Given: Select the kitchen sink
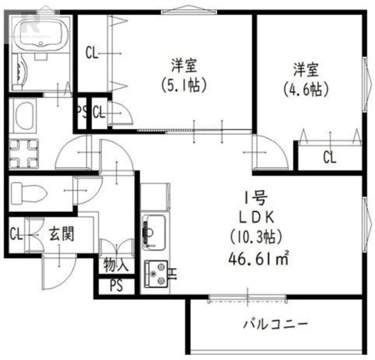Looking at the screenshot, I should point(153,229).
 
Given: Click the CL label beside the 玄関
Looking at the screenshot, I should point(16,233).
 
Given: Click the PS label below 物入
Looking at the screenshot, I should point(116,286).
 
